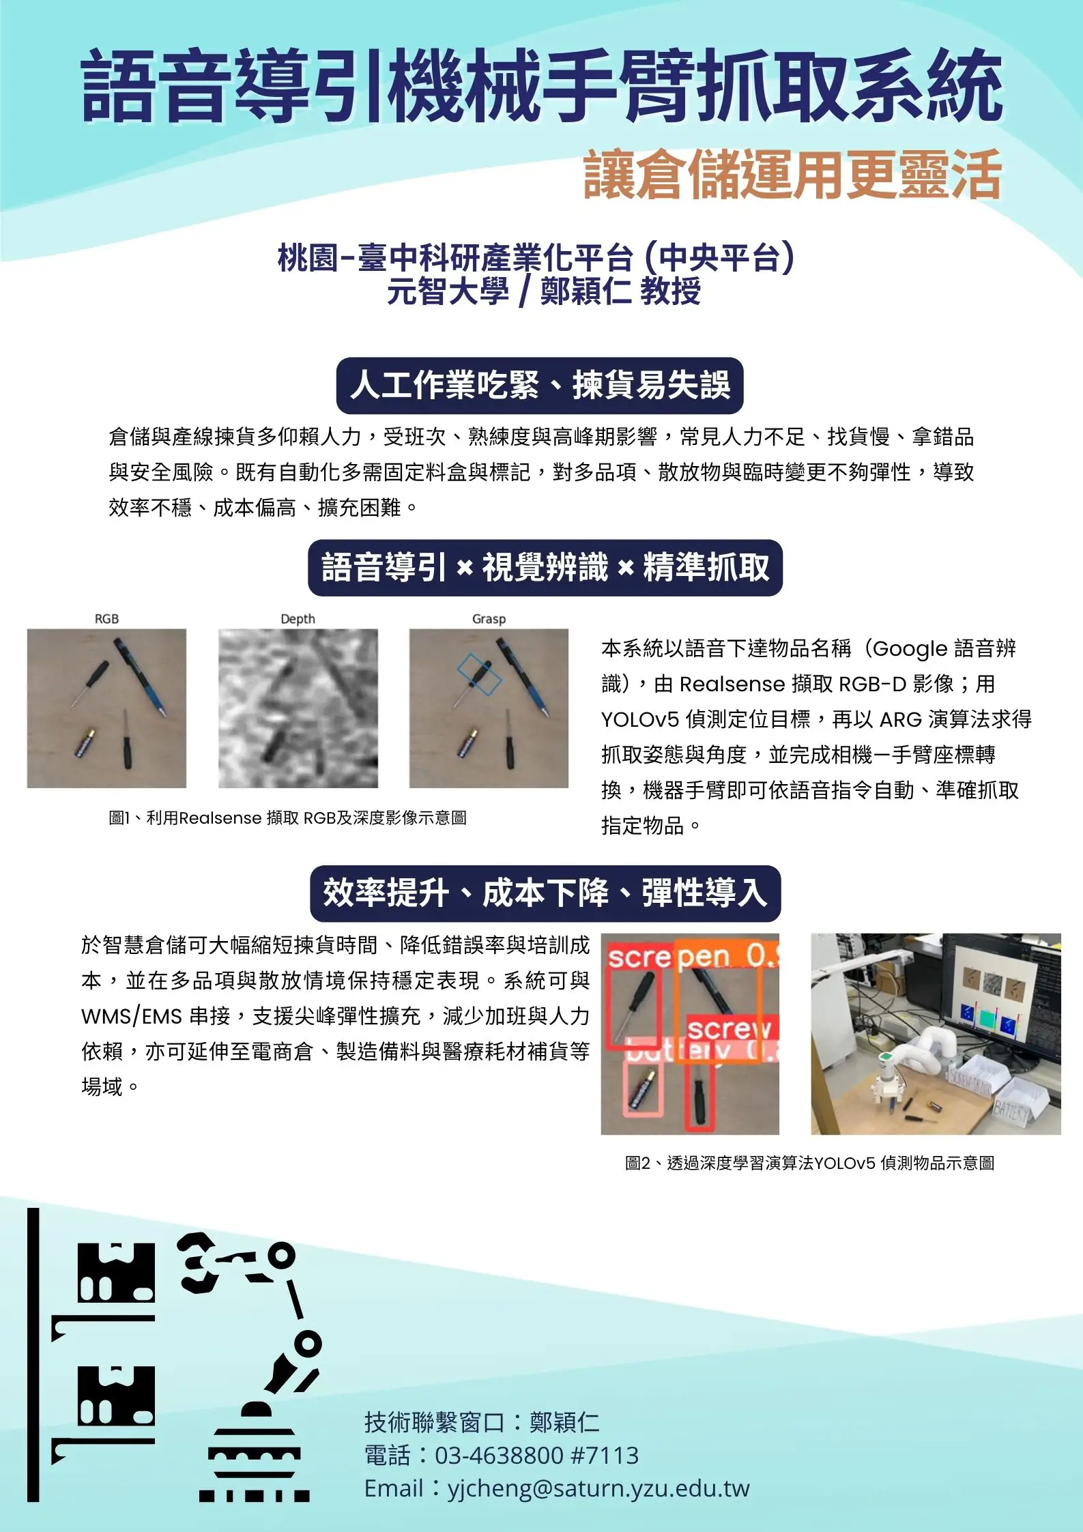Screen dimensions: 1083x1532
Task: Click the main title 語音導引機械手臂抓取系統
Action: pos(542,87)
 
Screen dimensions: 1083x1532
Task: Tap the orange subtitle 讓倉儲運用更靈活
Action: pos(792,175)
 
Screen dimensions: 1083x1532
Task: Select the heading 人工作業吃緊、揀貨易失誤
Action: pos(540,386)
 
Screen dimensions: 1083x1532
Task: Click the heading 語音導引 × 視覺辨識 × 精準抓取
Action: pos(545,568)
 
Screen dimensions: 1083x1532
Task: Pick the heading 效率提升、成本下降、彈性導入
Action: pos(545,893)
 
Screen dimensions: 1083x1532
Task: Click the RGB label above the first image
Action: pos(106,619)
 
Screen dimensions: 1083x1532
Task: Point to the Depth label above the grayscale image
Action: pos(298,619)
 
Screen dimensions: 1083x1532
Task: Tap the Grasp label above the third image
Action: pos(489,619)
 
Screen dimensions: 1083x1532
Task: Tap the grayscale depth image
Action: pos(298,708)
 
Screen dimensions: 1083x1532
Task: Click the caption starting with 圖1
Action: pos(287,818)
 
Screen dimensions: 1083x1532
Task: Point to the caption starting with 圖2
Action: pos(809,1163)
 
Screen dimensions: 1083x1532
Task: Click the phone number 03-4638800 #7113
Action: pos(536,1456)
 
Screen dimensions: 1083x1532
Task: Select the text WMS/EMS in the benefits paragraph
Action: pos(132,1017)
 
